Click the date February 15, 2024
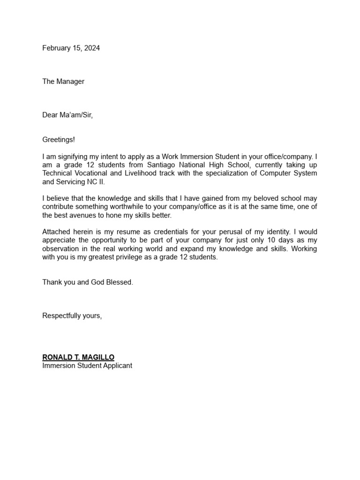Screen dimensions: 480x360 click(x=71, y=48)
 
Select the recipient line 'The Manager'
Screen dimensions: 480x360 click(x=63, y=81)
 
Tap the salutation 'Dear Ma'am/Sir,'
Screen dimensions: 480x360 click(x=67, y=115)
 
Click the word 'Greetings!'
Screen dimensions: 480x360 click(x=59, y=139)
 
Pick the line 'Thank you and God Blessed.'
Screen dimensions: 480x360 click(x=88, y=282)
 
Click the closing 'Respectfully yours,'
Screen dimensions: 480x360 click(x=72, y=315)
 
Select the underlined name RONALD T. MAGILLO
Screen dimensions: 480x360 click(x=78, y=357)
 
